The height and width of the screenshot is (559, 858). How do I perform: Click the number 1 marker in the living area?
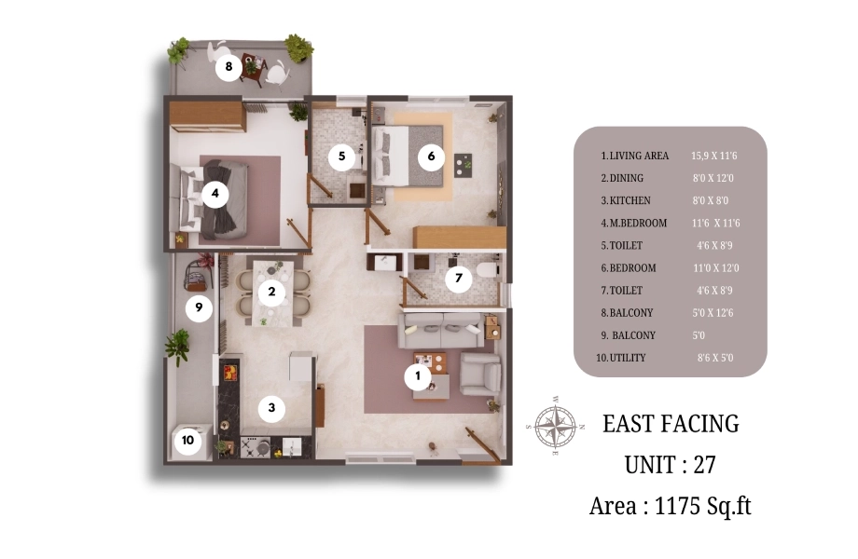click(x=418, y=376)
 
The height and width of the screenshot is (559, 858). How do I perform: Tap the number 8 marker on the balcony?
click(x=228, y=67)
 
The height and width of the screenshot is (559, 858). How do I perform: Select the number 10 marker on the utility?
click(x=187, y=441)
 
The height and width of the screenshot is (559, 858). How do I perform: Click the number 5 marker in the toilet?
click(x=341, y=157)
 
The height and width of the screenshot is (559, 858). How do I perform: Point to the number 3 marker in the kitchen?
click(x=271, y=408)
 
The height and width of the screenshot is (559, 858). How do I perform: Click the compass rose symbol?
click(x=555, y=426)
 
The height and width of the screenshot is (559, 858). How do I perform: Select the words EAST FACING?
click(x=671, y=424)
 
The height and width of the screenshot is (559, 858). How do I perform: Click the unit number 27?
click(x=705, y=465)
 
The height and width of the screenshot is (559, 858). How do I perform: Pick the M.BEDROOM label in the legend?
click(x=638, y=223)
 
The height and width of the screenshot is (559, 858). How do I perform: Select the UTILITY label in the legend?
click(x=628, y=358)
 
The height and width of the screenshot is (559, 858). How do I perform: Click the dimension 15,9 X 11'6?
click(x=714, y=156)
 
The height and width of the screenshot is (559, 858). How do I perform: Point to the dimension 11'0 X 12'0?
click(x=715, y=268)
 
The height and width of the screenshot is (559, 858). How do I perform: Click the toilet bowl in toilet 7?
click(x=487, y=270)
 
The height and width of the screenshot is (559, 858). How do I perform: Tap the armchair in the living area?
click(x=480, y=374)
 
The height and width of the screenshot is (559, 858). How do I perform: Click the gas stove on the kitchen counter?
click(x=255, y=447)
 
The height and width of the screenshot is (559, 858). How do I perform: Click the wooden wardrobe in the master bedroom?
click(x=207, y=115)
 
